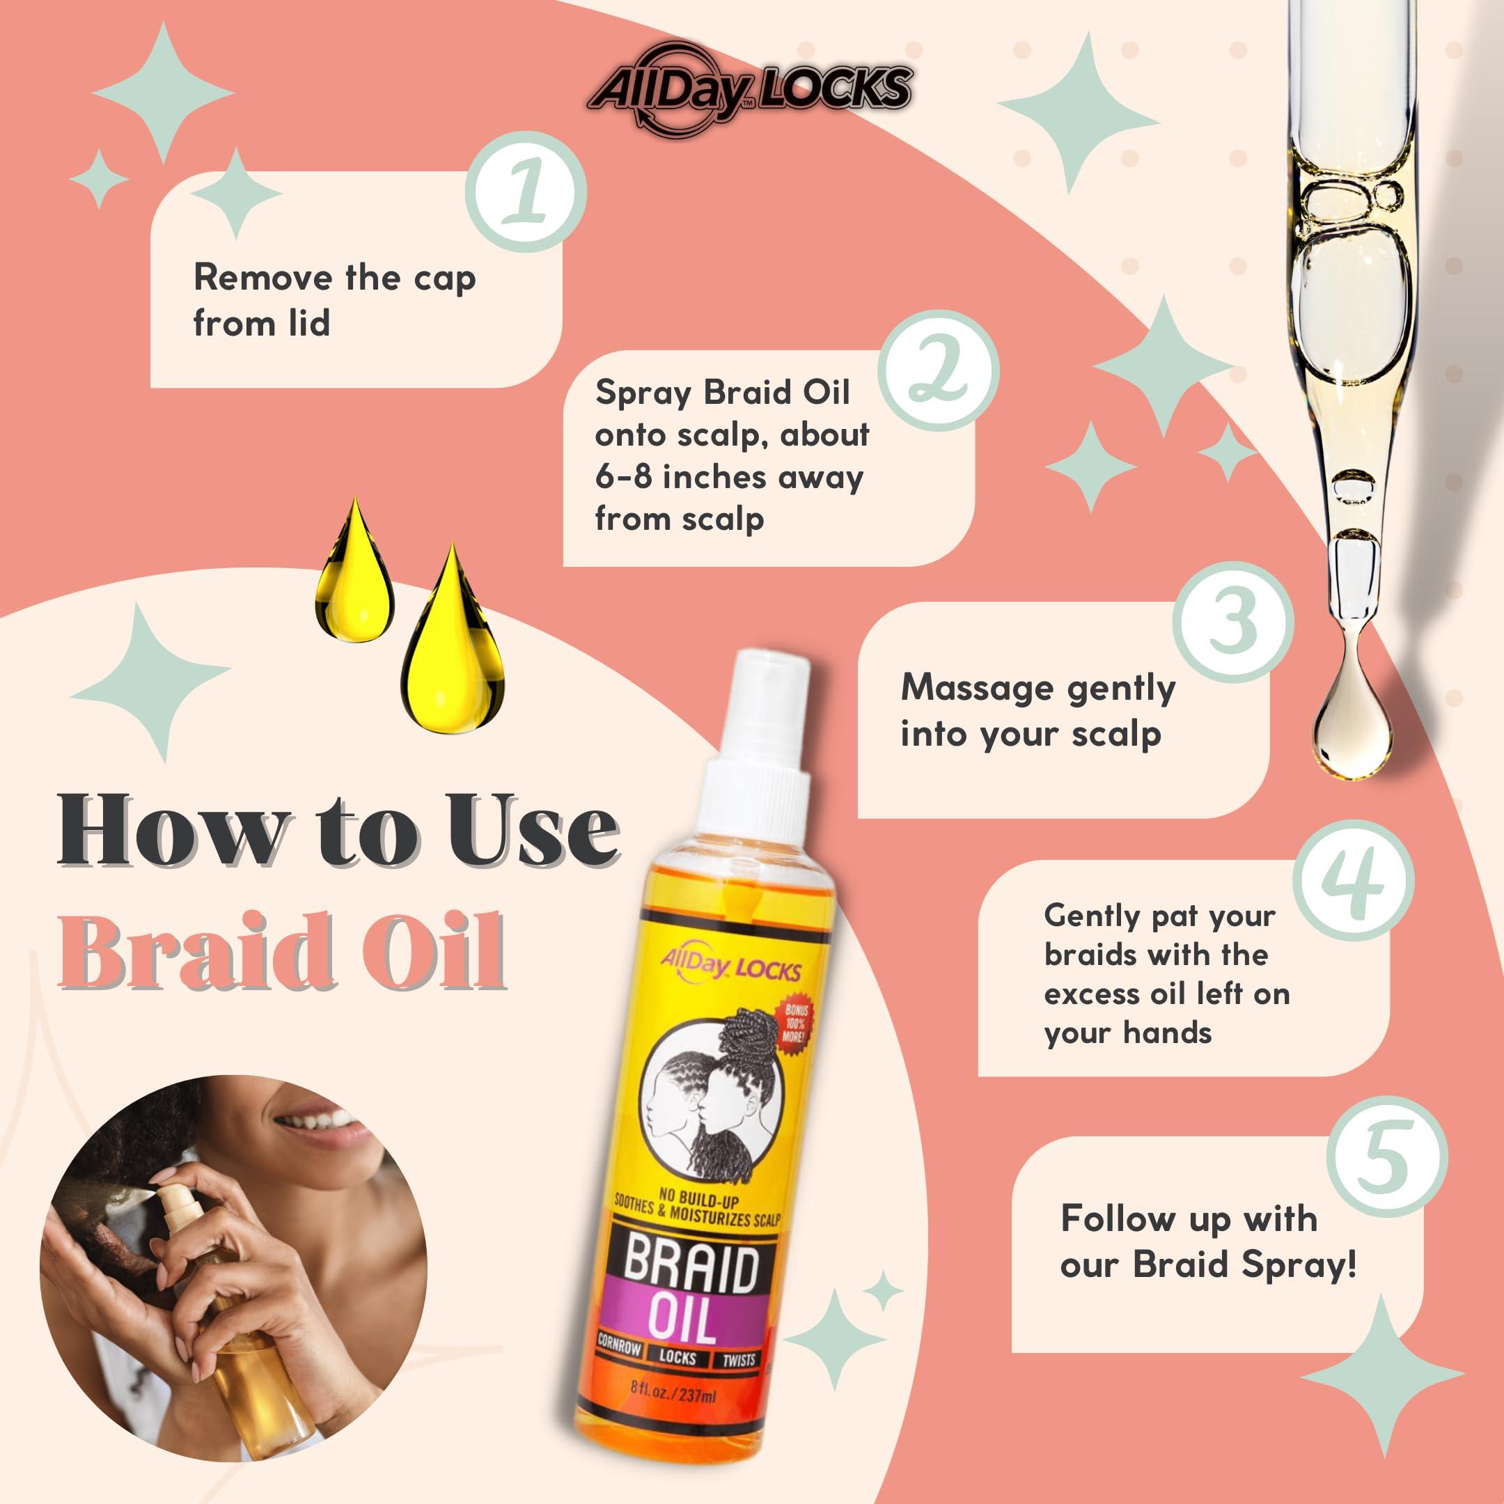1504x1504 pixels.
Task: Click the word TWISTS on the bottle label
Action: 738,1360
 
